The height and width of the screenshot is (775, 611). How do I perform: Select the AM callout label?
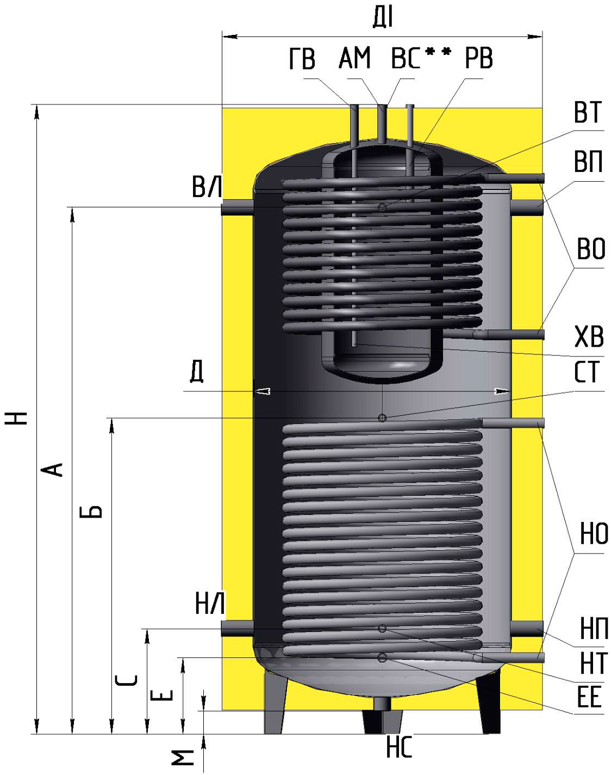click(354, 58)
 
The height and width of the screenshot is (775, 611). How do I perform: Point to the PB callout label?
click(479, 58)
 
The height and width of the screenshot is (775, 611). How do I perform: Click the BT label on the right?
click(588, 112)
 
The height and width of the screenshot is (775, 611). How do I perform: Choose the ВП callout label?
click(588, 162)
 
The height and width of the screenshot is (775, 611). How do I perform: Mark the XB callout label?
click(589, 337)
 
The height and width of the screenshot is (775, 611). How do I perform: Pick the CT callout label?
click(587, 372)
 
